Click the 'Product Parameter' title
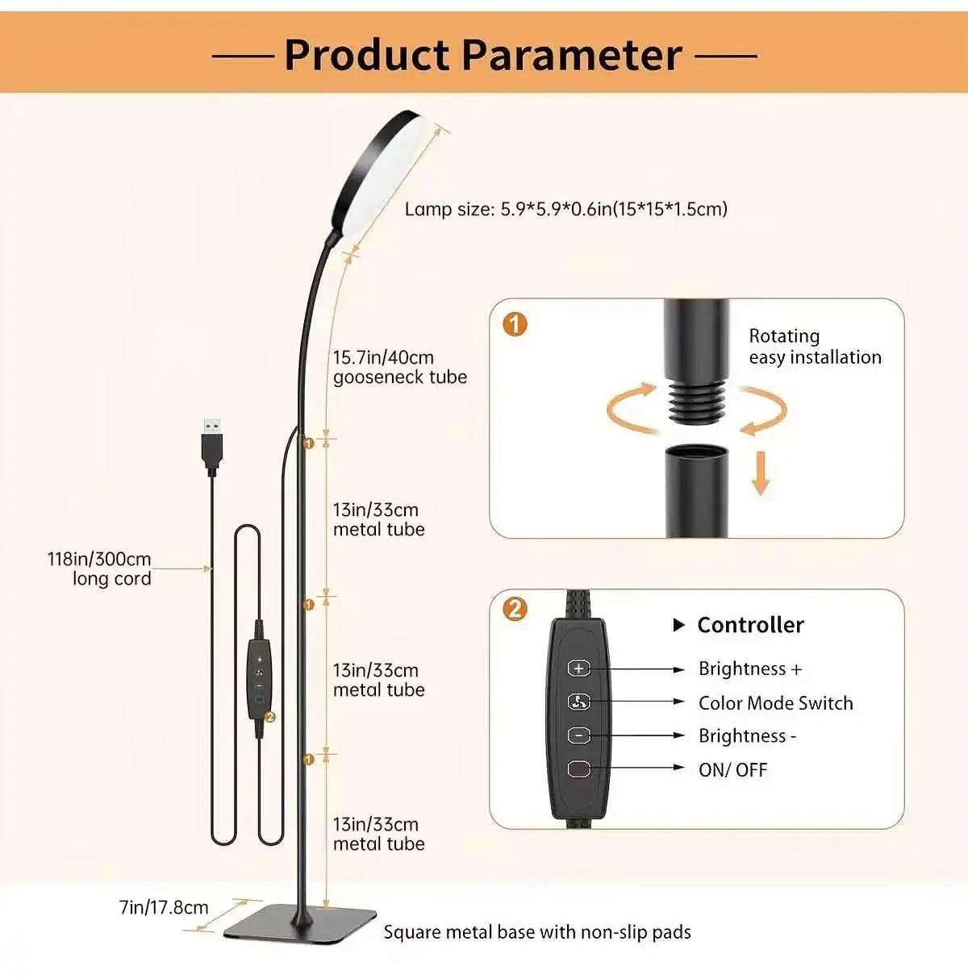pyautogui.click(x=483, y=55)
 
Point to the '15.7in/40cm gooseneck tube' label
pyautogui.click(x=399, y=367)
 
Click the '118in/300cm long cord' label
pyautogui.click(x=100, y=569)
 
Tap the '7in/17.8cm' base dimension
pyautogui.click(x=164, y=907)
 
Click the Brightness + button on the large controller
pyautogui.click(x=578, y=669)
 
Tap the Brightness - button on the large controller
pyautogui.click(x=578, y=735)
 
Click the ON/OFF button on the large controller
pyautogui.click(x=578, y=769)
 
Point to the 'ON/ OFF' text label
pyautogui.click(x=732, y=770)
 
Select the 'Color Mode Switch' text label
pyautogui.click(x=775, y=703)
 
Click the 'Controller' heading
pyautogui.click(x=749, y=625)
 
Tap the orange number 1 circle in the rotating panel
pyautogui.click(x=515, y=324)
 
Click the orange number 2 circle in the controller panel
pyautogui.click(x=515, y=608)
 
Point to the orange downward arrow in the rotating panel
pyautogui.click(x=760, y=474)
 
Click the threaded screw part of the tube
pyautogui.click(x=697, y=399)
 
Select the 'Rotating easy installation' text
pyautogui.click(x=814, y=347)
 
